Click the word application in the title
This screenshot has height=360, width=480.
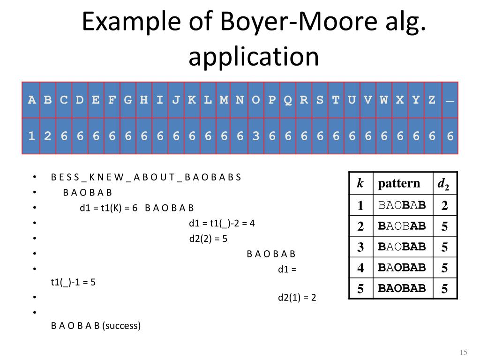[254, 57]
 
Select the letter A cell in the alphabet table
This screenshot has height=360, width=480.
[32, 100]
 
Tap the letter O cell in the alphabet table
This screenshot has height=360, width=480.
[255, 100]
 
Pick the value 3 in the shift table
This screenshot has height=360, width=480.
[255, 136]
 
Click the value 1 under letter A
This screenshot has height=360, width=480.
[32, 136]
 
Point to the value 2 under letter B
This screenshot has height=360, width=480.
[48, 136]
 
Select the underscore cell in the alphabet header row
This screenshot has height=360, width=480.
[450, 100]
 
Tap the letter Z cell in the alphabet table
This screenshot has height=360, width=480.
[432, 100]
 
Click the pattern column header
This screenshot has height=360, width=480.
[399, 183]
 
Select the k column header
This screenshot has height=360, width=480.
[360, 183]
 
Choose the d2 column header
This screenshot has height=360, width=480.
[443, 184]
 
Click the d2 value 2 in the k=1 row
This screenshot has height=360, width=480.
[444, 205]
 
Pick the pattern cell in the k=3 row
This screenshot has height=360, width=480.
[402, 247]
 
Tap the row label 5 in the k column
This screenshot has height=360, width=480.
[360, 289]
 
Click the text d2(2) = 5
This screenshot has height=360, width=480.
[208, 239]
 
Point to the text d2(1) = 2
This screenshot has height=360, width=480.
[297, 298]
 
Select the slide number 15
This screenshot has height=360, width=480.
[464, 352]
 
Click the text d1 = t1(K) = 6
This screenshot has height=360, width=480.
[108, 208]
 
